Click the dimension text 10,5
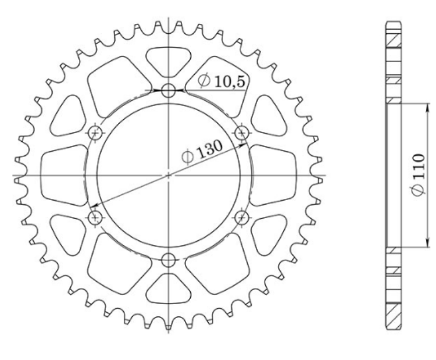[x=228, y=82]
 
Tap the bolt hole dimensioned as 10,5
[x=169, y=91]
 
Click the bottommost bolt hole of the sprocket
[x=169, y=259]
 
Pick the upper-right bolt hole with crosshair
[x=242, y=133]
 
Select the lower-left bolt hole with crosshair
[x=95, y=218]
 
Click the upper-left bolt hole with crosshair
[x=95, y=133]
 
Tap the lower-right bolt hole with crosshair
[x=242, y=218]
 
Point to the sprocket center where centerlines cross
[x=169, y=174]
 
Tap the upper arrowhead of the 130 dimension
[x=244, y=144]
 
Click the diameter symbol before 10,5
[x=203, y=82]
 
